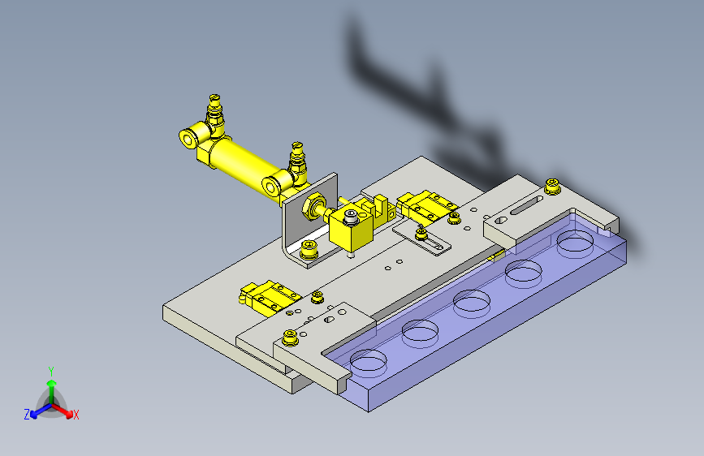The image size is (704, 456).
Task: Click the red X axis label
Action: click(x=76, y=415)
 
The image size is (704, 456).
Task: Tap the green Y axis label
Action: click(x=51, y=371)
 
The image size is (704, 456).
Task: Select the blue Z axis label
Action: click(x=27, y=415)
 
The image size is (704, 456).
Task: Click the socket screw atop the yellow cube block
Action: click(x=351, y=217)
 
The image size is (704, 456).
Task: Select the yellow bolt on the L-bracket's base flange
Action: click(x=309, y=250)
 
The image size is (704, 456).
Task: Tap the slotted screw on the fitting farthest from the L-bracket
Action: click(x=214, y=98)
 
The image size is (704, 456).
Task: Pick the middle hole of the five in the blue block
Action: click(x=472, y=302)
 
